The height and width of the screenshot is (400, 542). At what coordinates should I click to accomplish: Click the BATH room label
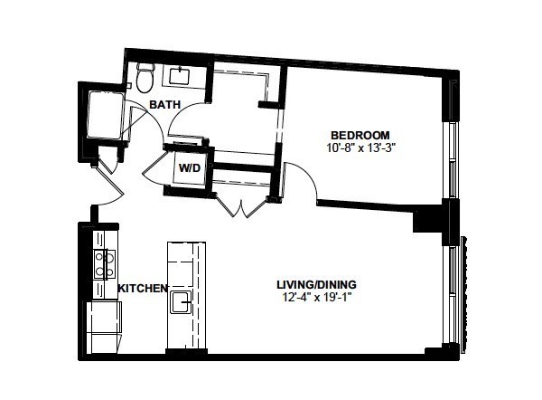coord(165,104)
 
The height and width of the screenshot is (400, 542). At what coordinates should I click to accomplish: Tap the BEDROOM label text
coord(360,135)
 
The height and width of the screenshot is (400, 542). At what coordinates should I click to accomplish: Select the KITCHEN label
coord(143,288)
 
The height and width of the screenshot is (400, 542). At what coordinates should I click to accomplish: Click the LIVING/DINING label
coord(317,285)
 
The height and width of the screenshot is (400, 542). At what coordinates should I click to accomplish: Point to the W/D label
coord(190,168)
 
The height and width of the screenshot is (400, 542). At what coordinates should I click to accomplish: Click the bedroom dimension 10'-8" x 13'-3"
coord(360,148)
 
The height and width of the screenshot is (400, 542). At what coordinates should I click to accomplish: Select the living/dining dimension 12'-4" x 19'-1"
coord(317,298)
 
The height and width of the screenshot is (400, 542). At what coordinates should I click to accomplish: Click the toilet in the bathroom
coord(145,78)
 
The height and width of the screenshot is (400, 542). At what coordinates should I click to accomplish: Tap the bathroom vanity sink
coord(180,76)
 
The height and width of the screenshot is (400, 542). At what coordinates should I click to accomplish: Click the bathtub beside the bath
coord(105,115)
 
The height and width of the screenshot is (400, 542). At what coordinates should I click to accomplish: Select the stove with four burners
coord(105,264)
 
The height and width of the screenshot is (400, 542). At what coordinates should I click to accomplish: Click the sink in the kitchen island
coord(181,302)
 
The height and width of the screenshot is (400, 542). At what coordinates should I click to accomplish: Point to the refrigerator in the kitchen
coord(104,328)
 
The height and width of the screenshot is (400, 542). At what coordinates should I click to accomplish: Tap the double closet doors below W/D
coord(242,206)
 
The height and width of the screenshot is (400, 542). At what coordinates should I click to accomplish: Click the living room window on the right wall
coord(452,294)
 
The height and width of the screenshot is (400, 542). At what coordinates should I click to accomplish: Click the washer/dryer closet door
coord(154,166)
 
